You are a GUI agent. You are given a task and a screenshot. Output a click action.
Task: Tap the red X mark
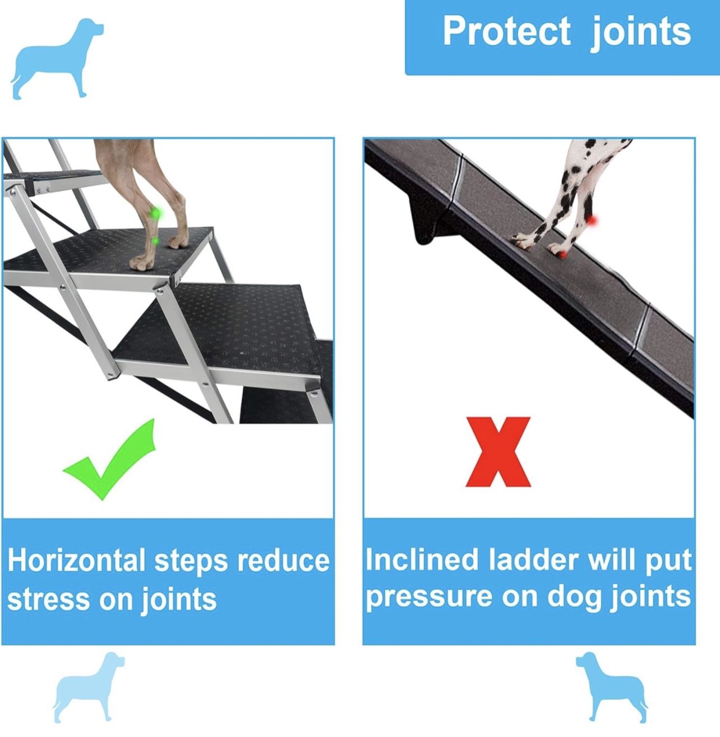pyautogui.click(x=498, y=451)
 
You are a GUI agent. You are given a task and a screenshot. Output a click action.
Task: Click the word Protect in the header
pyautogui.click(x=506, y=31)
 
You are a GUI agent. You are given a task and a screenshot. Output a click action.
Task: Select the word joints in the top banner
pyautogui.click(x=641, y=32)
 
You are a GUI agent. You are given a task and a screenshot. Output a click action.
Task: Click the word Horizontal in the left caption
pyautogui.click(x=76, y=560)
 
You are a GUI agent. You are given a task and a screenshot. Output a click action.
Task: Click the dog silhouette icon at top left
pyautogui.click(x=56, y=58)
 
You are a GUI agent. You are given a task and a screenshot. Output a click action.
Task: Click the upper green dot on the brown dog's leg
pyautogui.click(x=157, y=213)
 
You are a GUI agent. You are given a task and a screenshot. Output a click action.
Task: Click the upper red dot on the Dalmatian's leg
pyautogui.click(x=593, y=221)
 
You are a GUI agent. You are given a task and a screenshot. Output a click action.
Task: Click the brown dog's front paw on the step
pyautogui.click(x=141, y=263)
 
